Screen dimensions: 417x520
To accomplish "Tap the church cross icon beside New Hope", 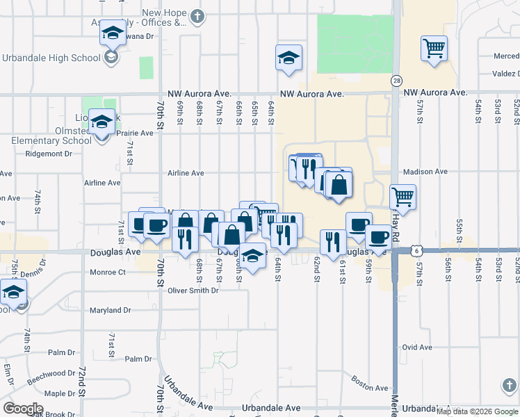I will [x=197, y=16].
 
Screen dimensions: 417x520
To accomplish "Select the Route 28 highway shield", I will [x=396, y=81].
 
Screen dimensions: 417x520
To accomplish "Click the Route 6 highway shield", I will [x=415, y=248].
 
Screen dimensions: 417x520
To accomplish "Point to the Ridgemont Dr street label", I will [x=48, y=155].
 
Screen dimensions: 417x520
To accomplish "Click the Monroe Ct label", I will [x=107, y=272].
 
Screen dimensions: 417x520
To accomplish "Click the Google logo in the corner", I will [x=24, y=408].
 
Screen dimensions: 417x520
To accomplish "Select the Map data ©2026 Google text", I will [x=477, y=411].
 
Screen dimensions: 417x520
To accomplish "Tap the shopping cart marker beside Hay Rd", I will [x=403, y=197].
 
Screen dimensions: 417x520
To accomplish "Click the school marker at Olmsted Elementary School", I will [x=101, y=124].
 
